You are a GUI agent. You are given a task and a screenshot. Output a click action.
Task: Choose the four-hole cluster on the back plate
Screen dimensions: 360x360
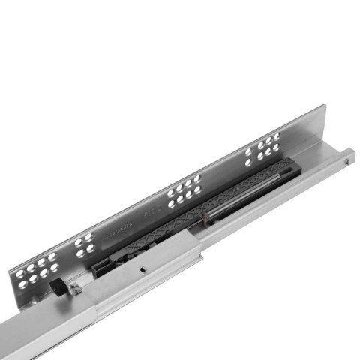(85, 244)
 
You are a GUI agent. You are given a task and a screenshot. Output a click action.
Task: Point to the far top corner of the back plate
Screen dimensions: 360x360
(322, 106)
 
